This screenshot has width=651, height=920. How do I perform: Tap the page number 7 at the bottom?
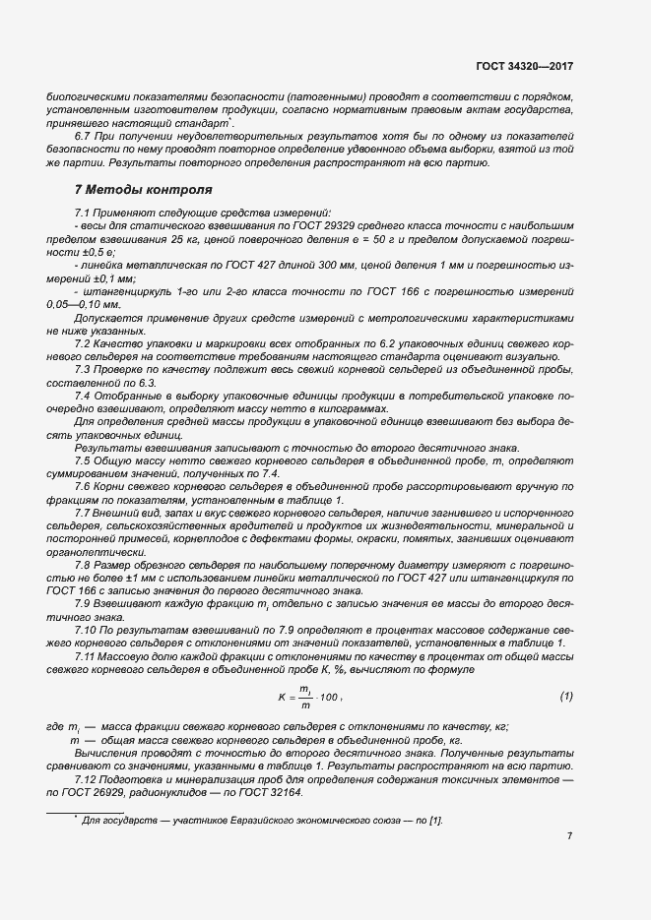(x=569, y=836)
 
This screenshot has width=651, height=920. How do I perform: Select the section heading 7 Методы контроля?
(x=136, y=188)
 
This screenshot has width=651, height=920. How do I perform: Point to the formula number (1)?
(x=566, y=697)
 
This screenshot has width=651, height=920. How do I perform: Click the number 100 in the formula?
(x=328, y=698)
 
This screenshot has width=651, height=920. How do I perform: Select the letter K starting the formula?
(x=280, y=698)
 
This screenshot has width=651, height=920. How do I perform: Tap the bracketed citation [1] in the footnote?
(x=436, y=819)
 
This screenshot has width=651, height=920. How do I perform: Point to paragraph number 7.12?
(x=90, y=779)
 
